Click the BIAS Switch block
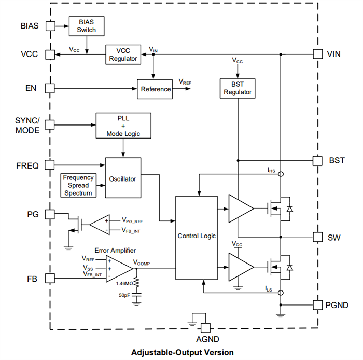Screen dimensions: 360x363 coord(87,26)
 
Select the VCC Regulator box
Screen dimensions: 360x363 coord(123,54)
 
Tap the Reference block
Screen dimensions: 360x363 coord(156,89)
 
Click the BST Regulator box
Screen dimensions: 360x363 coord(238,88)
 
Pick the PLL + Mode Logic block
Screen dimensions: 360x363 coord(123,126)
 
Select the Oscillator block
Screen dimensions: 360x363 coord(122,179)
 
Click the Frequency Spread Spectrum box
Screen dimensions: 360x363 coord(78,185)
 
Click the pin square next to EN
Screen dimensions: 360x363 coord(50,88)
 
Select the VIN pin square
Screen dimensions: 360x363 coord(318,54)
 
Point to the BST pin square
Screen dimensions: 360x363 coord(318,161)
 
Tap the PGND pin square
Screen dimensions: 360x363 coord(318,304)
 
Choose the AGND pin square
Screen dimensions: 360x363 coord(205,327)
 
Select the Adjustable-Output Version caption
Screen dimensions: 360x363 coord(183,352)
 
